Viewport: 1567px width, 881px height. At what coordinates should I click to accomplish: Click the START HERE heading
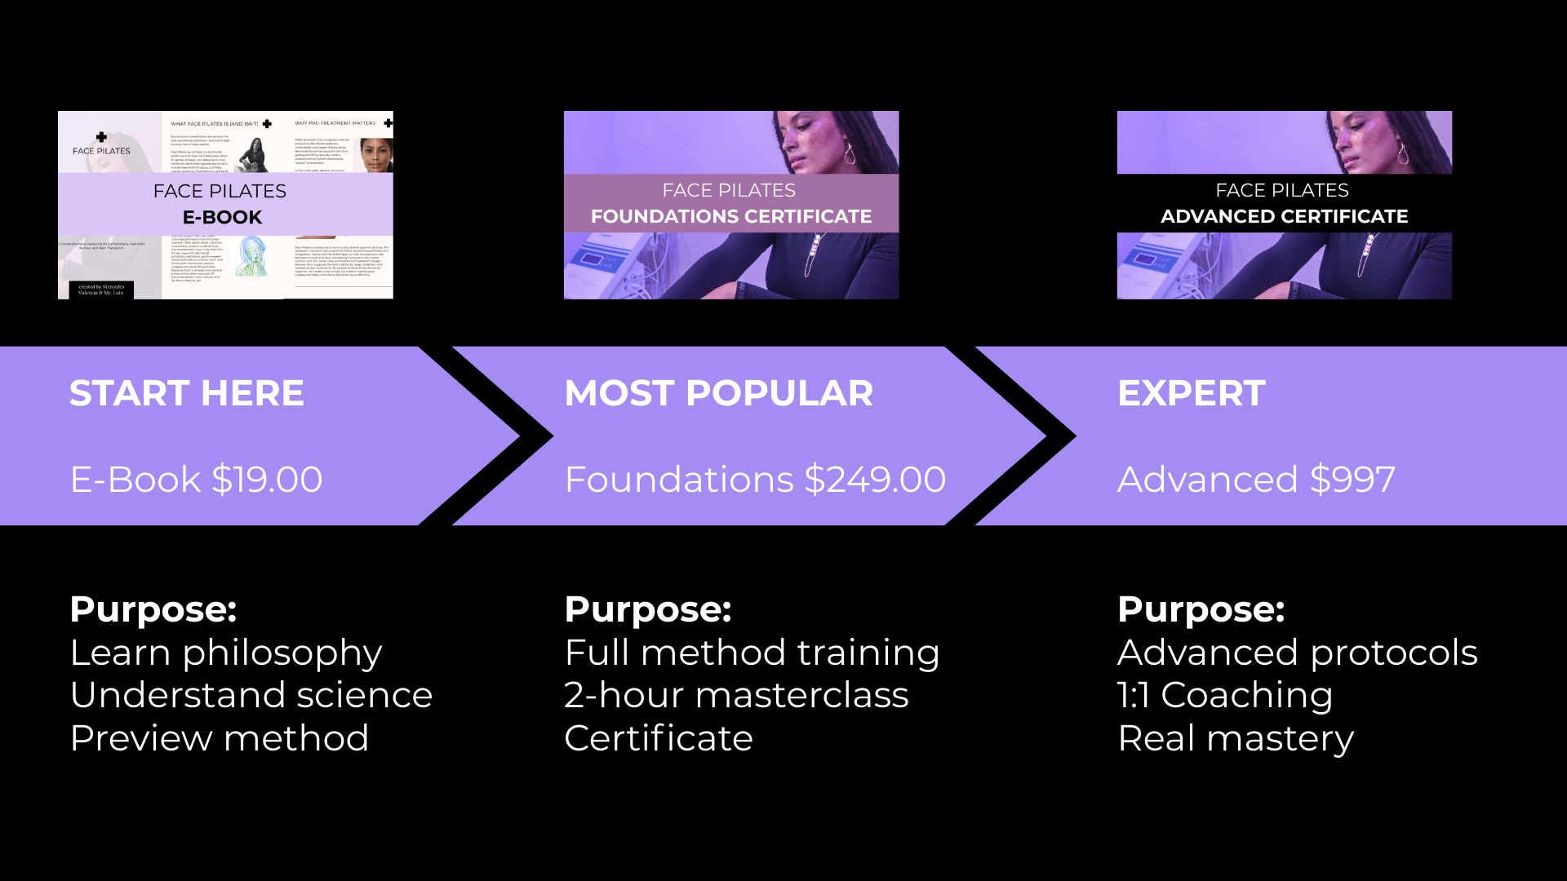tap(186, 393)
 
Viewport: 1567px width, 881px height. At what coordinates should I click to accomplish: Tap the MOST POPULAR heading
tap(718, 393)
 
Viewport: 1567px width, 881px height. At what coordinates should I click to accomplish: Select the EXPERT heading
tap(1191, 393)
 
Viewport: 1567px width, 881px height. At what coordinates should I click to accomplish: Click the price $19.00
tap(267, 480)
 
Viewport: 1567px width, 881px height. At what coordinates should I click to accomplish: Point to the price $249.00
tap(875, 480)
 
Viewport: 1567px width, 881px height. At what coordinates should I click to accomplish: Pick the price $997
tap(1352, 480)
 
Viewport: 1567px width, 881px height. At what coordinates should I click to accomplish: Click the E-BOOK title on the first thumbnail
tap(222, 218)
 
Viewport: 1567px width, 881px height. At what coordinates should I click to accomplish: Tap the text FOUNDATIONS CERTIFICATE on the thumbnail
tap(731, 216)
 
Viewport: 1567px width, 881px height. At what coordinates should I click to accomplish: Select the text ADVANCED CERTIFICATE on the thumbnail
tap(1284, 216)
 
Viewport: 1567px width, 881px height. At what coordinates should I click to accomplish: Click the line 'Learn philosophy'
tap(226, 653)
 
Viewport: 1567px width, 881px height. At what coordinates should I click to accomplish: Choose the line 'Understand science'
tap(251, 695)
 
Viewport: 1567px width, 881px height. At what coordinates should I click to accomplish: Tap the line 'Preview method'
tap(220, 738)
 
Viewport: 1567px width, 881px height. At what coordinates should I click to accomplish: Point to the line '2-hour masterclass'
tap(736, 695)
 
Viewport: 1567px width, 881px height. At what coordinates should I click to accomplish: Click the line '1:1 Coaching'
tap(1224, 695)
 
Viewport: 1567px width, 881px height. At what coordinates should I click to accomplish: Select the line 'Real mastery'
tap(1236, 738)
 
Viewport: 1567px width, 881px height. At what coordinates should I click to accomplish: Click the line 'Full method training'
tap(752, 653)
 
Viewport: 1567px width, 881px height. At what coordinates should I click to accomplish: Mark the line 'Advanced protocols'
tap(1298, 653)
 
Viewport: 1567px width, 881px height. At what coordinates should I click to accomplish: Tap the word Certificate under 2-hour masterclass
tap(659, 738)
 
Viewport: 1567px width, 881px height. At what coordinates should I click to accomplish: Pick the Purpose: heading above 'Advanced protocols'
tap(1201, 609)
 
